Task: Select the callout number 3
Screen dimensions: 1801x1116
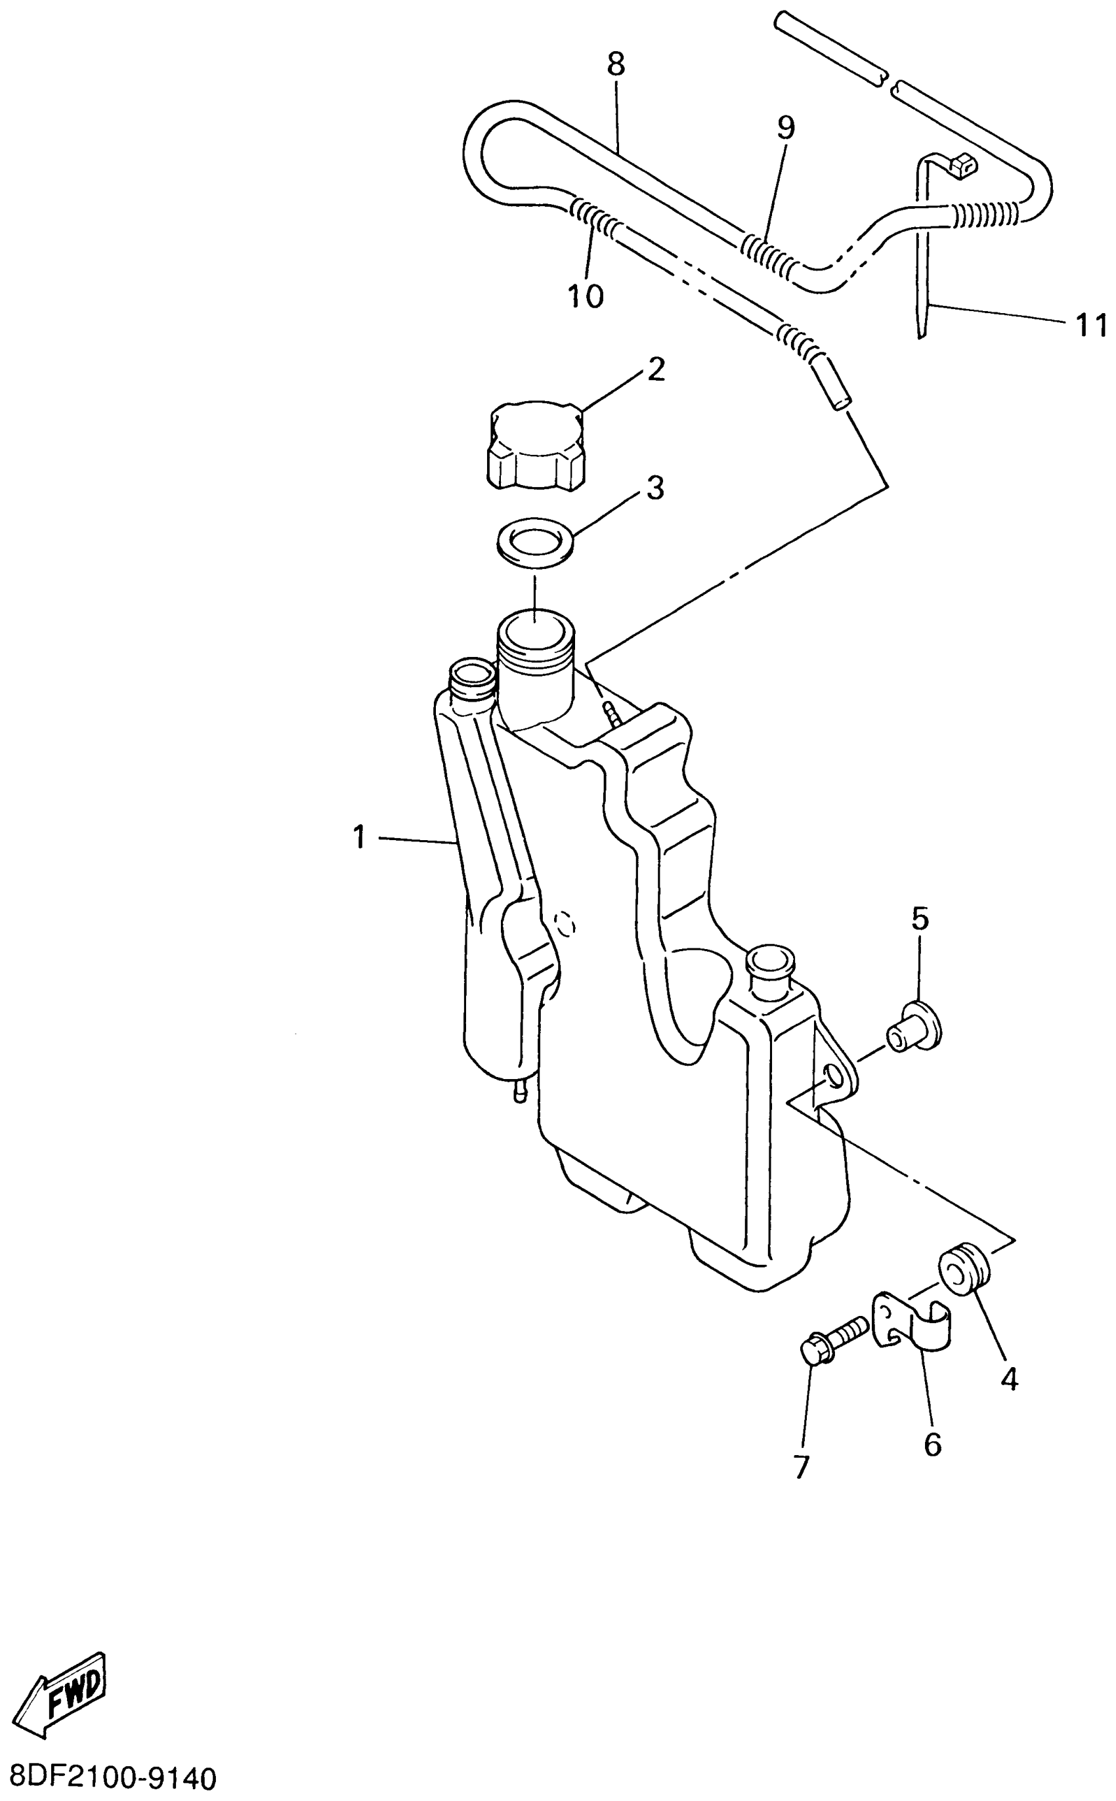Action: (x=655, y=488)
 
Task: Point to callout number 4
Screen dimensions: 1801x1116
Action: (x=1009, y=1378)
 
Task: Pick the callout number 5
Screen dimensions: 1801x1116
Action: (x=920, y=920)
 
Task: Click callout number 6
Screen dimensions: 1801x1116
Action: (x=932, y=1444)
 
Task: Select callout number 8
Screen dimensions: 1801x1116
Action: (x=616, y=65)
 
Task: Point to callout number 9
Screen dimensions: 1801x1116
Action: (x=786, y=127)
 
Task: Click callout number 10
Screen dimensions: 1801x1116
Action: (x=586, y=297)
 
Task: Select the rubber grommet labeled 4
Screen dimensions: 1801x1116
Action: (x=962, y=1268)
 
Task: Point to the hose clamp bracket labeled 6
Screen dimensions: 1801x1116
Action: (x=912, y=1326)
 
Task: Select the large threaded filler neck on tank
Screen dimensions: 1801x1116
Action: (x=535, y=642)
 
